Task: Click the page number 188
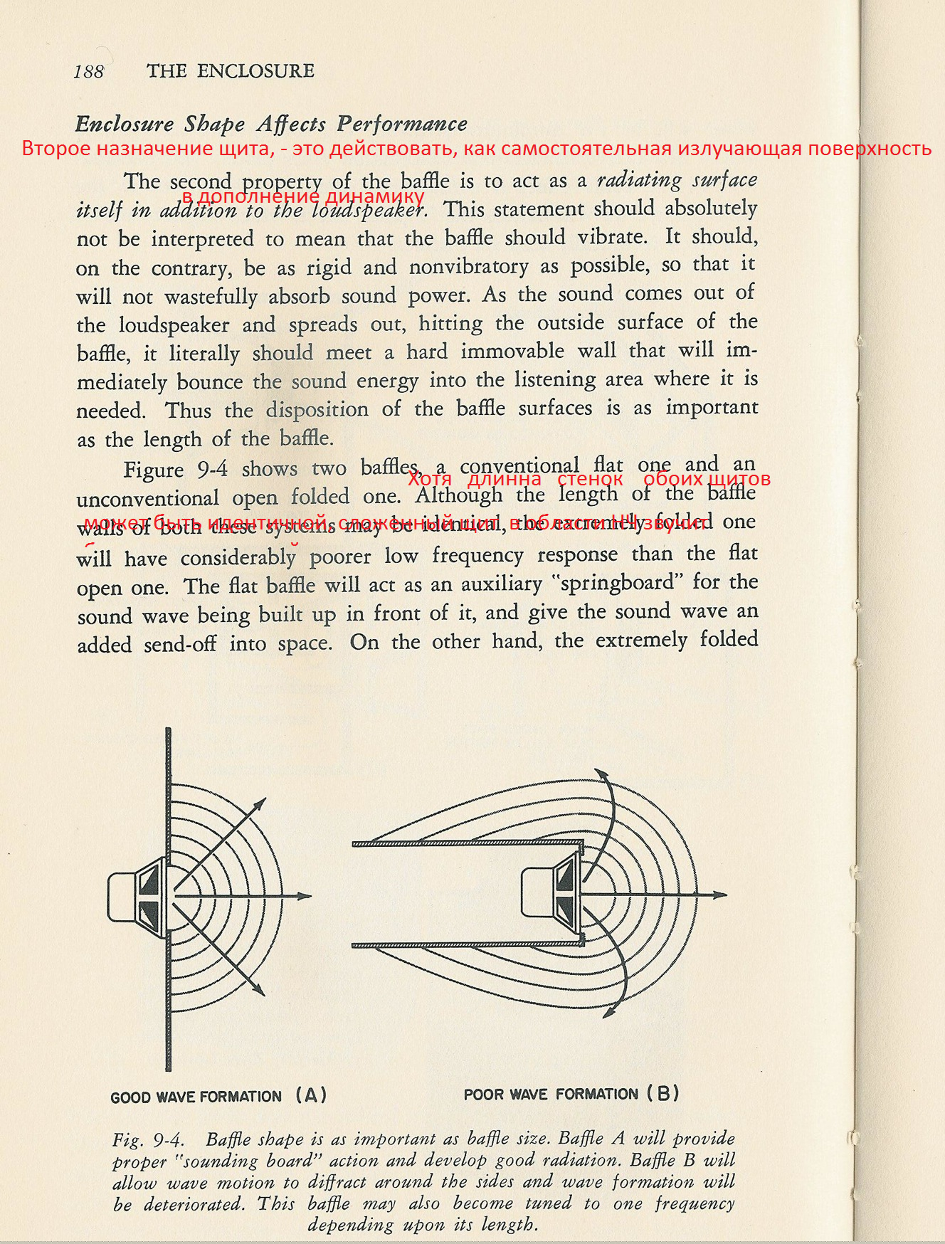(x=88, y=71)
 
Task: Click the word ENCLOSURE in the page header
(x=255, y=71)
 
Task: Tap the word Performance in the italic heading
(x=402, y=124)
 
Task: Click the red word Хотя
(x=430, y=479)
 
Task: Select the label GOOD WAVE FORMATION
(x=196, y=1097)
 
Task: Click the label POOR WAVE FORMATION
(x=551, y=1094)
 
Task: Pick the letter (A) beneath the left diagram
(x=311, y=1095)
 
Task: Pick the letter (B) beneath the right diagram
(x=662, y=1093)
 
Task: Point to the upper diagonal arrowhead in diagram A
(x=260, y=804)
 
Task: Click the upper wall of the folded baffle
(x=467, y=844)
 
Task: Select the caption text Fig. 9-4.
(x=148, y=1140)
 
